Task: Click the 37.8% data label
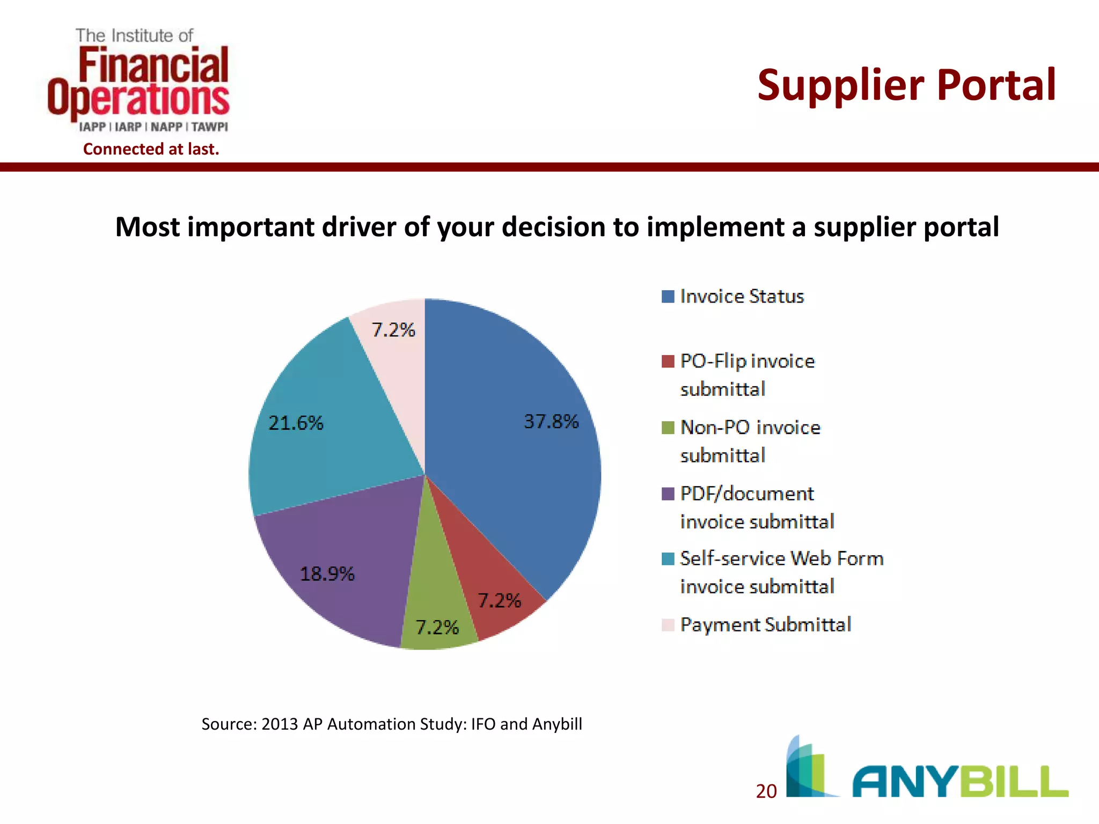[x=551, y=422]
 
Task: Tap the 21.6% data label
[x=296, y=423]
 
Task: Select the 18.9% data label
[x=327, y=574]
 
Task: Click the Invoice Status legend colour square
[x=668, y=297]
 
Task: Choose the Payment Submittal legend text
[x=765, y=624]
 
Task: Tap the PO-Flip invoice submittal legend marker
[x=668, y=362]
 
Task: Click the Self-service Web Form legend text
[x=781, y=572]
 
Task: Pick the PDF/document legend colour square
[x=668, y=494]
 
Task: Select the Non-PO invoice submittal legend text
[x=750, y=441]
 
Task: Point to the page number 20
[x=766, y=791]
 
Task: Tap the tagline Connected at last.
[x=151, y=149]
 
